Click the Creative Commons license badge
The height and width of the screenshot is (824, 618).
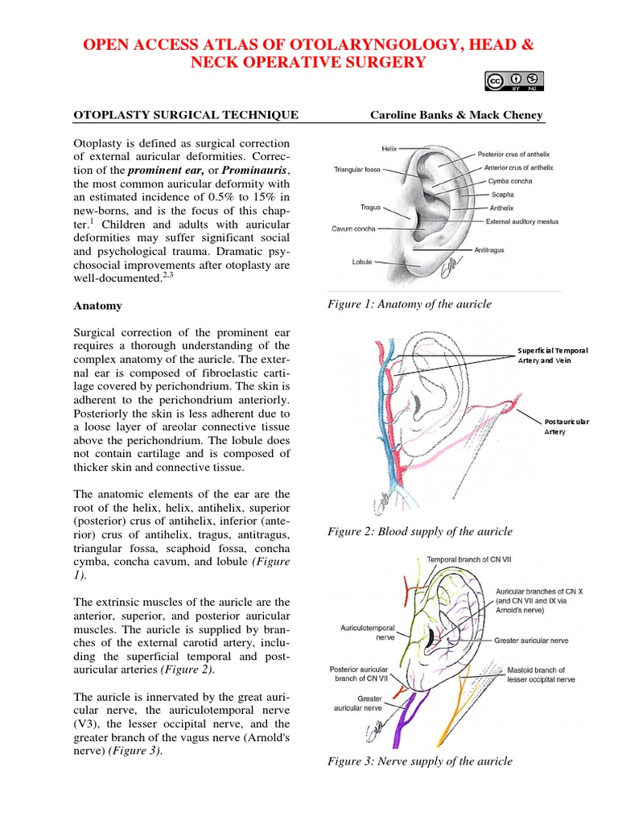tap(514, 80)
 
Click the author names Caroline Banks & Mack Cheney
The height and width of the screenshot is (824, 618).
tap(456, 115)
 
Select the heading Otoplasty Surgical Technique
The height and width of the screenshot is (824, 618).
tap(186, 115)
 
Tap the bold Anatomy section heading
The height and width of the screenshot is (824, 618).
tap(99, 306)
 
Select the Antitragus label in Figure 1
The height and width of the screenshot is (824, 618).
tap(490, 250)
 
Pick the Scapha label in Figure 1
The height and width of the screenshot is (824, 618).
tap(502, 194)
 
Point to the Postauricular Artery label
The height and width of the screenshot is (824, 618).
tap(566, 426)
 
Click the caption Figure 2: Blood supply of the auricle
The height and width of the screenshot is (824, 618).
tap(419, 531)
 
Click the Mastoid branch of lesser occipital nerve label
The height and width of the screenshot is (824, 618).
tap(541, 674)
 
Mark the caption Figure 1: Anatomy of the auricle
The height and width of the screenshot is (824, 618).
tap(409, 304)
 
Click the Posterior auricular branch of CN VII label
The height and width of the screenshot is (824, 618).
tap(359, 674)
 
